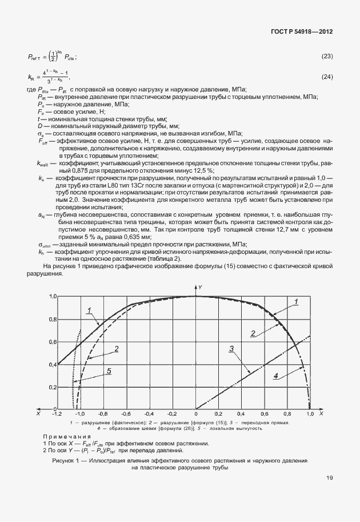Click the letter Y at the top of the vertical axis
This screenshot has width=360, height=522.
click(x=201, y=285)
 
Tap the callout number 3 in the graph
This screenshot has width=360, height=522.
click(x=232, y=348)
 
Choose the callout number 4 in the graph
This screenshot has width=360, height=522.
click(x=275, y=376)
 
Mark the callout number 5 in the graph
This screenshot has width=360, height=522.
click(x=108, y=371)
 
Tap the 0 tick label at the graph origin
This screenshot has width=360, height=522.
click(x=196, y=413)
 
